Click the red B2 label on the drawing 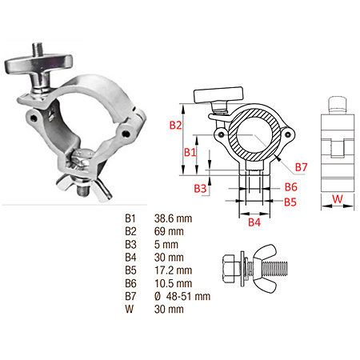tap(175, 125)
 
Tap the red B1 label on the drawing tap(190, 152)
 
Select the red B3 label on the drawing tap(200, 189)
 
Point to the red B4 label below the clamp tap(254, 222)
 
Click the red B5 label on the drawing tap(290, 202)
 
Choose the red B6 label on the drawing tap(291, 187)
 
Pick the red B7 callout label tap(302, 167)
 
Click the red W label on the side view tap(338, 198)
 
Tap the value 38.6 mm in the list tap(173, 218)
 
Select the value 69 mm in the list tap(169, 231)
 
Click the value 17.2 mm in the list tap(173, 270)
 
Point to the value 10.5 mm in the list tap(173, 283)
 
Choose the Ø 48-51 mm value tap(182, 296)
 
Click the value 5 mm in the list tap(166, 245)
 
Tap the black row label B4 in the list tap(130, 258)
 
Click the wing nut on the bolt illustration tap(262, 268)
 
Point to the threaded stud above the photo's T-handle tap(38, 50)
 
